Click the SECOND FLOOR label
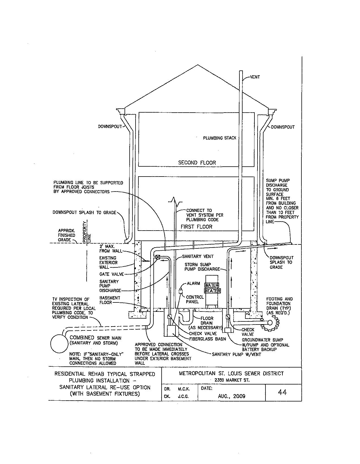[197, 163]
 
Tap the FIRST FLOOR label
[196, 227]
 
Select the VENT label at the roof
[255, 77]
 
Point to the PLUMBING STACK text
[219, 138]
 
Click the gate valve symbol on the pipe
[158, 257]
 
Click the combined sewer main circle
[59, 343]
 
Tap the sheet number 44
[282, 392]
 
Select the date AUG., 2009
[232, 396]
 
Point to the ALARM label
[193, 283]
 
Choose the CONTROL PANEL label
[195, 299]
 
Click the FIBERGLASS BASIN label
[208, 339]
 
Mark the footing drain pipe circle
[270, 322]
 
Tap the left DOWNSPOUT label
[110, 126]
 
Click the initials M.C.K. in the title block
[184, 389]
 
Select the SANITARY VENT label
[198, 256]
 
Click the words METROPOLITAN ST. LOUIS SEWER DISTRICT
[231, 373]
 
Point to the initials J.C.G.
[184, 396]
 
